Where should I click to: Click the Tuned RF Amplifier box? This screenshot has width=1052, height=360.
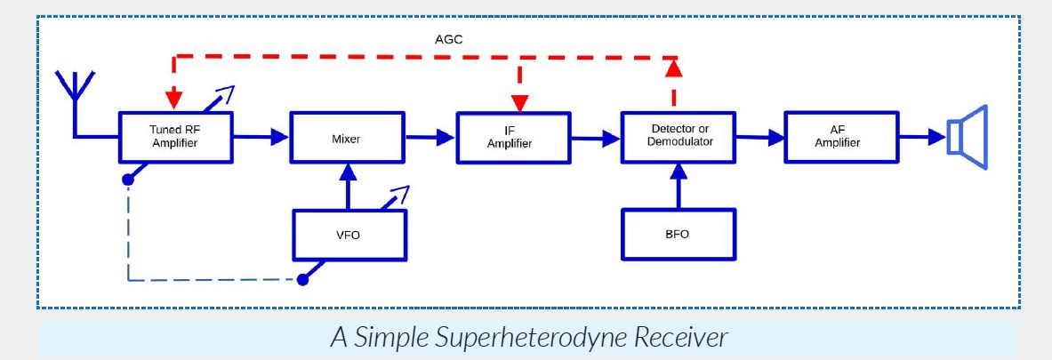(x=176, y=136)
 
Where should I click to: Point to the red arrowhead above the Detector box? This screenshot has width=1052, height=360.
(x=674, y=68)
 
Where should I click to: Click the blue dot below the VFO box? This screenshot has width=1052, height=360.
(x=303, y=279)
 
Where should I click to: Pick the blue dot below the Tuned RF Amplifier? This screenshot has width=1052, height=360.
(x=128, y=180)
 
